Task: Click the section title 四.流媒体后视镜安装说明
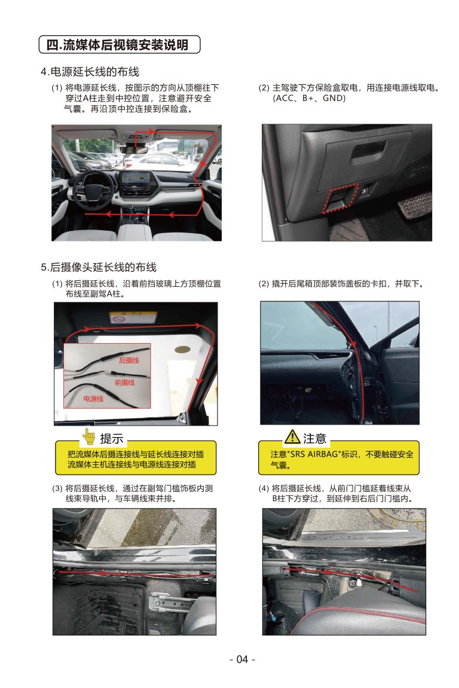118,45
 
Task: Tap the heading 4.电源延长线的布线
90,72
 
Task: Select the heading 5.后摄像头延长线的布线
99,267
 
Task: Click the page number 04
242,659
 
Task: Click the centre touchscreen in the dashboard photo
136,178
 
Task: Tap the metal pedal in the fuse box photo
415,204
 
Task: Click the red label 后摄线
129,360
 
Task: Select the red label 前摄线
125,383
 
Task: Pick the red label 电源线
93,399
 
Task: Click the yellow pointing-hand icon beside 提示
89,436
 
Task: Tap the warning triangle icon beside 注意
292,436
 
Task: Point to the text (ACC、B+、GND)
310,98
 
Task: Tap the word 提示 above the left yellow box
111,438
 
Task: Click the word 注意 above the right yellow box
314,438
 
